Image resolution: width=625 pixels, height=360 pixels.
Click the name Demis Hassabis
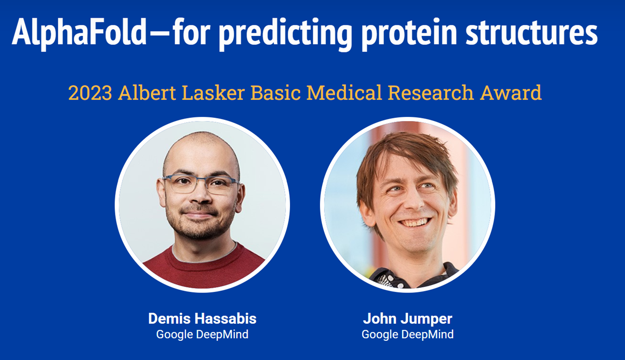(202, 318)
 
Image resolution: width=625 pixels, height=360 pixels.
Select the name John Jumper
(407, 318)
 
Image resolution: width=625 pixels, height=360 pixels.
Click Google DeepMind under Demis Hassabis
(202, 334)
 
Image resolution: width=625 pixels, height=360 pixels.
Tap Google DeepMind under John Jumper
(407, 334)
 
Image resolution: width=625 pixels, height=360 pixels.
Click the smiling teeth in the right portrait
(414, 222)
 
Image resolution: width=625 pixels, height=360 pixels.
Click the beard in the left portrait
(200, 229)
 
